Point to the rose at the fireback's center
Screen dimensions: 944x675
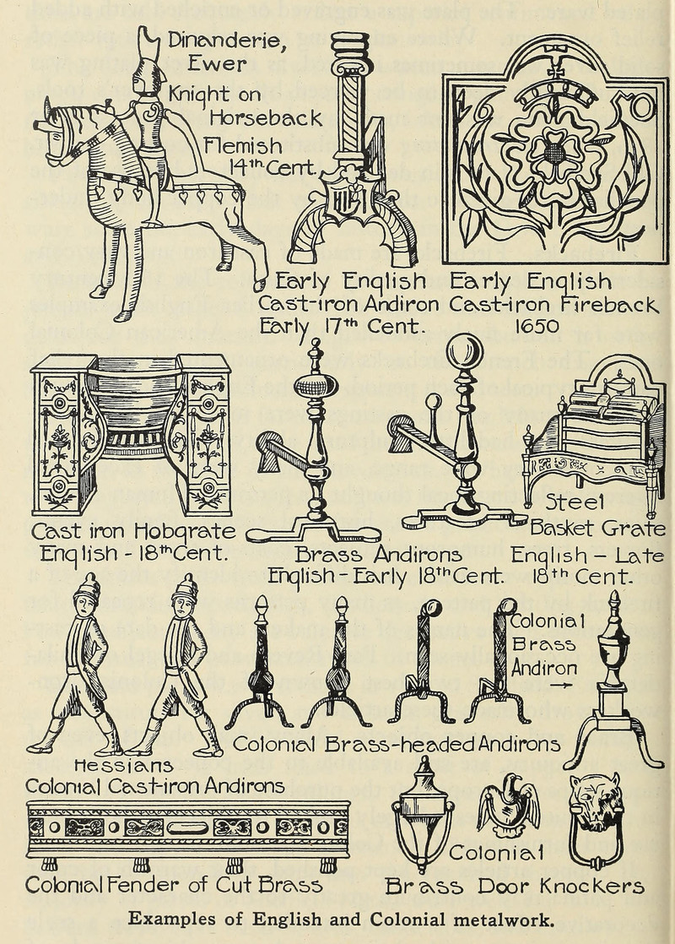coord(555,152)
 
